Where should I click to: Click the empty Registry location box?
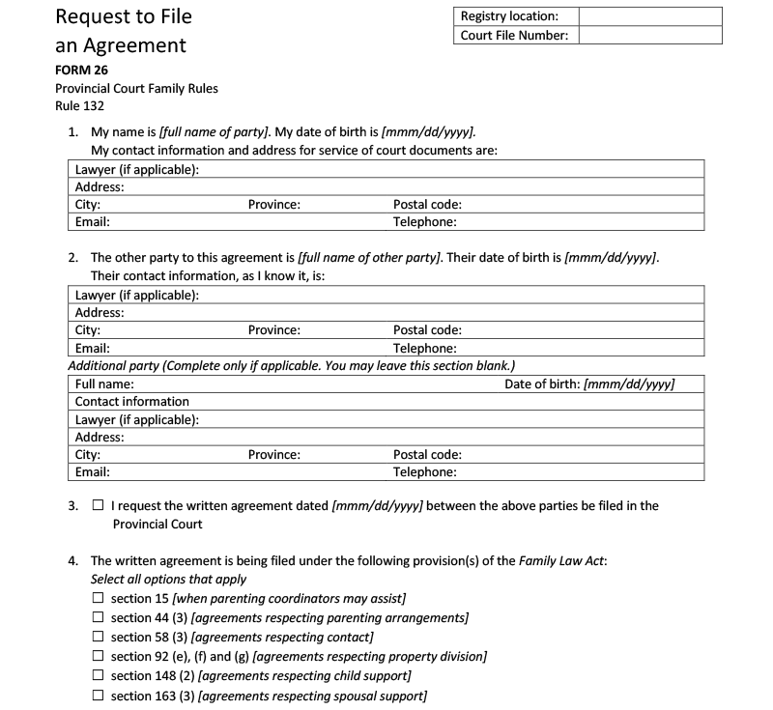click(650, 16)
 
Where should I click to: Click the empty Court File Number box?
click(650, 36)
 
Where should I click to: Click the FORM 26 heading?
click(81, 70)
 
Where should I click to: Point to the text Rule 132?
click(79, 106)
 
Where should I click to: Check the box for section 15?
click(99, 599)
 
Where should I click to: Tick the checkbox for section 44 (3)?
click(99, 618)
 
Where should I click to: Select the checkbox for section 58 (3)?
click(99, 638)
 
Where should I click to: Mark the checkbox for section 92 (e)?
click(99, 657)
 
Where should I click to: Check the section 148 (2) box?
click(99, 676)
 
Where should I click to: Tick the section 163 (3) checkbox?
click(99, 696)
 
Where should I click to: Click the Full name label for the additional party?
click(104, 383)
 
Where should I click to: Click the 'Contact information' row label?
click(132, 402)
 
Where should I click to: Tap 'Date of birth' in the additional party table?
click(542, 383)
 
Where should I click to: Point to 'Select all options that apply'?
click(168, 580)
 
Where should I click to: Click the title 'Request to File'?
click(124, 16)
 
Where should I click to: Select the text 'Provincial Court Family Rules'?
click(136, 88)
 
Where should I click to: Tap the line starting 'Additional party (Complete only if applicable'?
click(291, 365)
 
